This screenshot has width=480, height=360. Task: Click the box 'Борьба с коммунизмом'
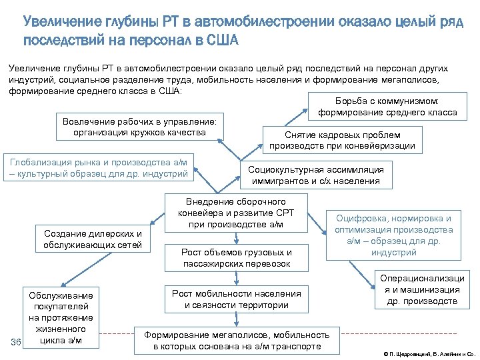click(387, 107)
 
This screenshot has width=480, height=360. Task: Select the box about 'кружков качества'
click(140, 127)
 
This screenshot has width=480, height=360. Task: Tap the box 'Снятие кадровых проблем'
click(342, 139)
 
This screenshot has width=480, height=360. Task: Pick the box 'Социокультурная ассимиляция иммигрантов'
click(316, 175)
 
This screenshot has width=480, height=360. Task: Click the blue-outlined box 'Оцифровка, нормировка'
click(393, 235)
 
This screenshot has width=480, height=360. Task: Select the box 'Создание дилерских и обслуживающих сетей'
click(93, 240)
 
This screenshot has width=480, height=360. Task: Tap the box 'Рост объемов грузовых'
click(237, 258)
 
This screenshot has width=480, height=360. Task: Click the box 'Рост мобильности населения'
click(237, 299)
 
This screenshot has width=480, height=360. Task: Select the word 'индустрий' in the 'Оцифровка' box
click(393, 253)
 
